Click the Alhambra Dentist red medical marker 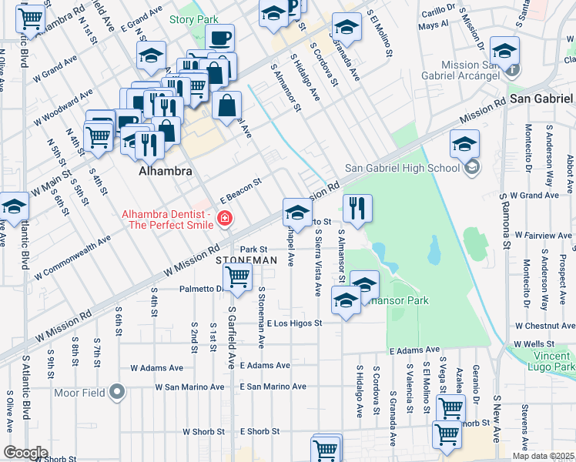224,219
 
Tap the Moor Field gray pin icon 117,393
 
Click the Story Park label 193,19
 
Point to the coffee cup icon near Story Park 220,38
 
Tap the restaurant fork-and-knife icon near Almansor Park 357,208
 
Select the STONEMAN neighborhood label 246,261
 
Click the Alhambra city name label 165,172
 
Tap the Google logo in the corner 25,452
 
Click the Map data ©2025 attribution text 543,456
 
